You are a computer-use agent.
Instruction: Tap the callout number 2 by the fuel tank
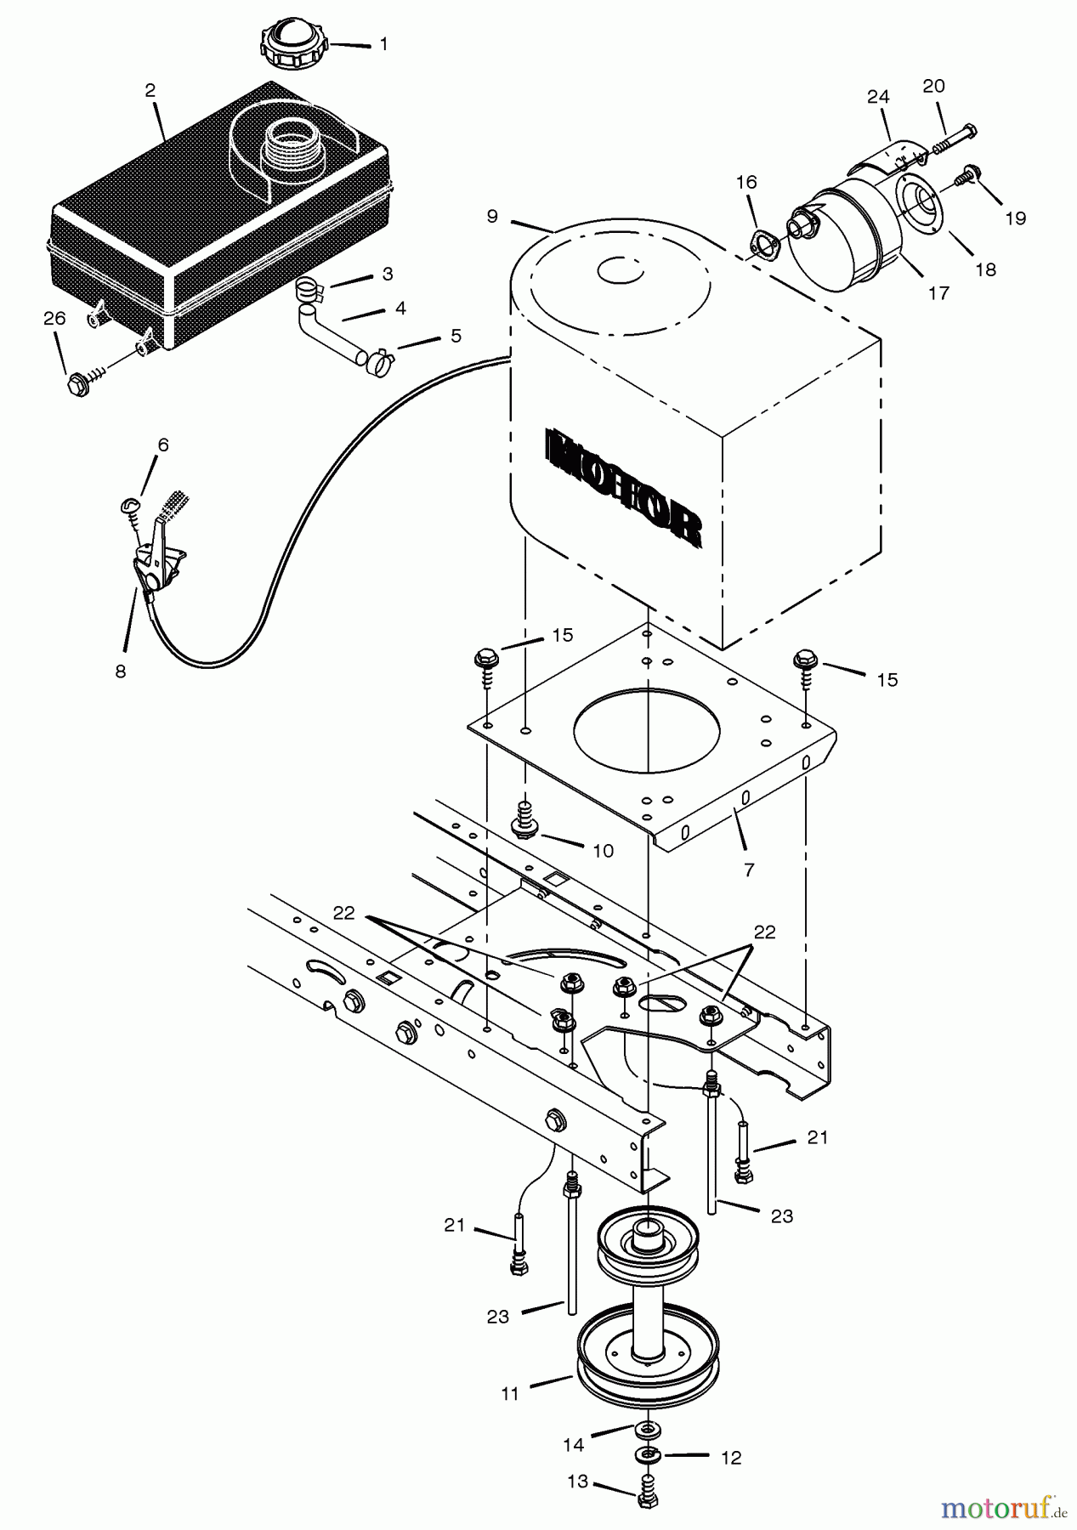coord(150,91)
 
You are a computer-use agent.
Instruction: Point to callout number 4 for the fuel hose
coord(400,308)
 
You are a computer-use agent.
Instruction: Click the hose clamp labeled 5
coord(377,360)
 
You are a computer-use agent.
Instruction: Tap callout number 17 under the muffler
coord(938,293)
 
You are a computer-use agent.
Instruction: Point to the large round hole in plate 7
coord(647,730)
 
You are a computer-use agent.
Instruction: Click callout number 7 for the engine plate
coord(748,870)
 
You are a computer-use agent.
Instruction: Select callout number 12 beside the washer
coord(730,1458)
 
